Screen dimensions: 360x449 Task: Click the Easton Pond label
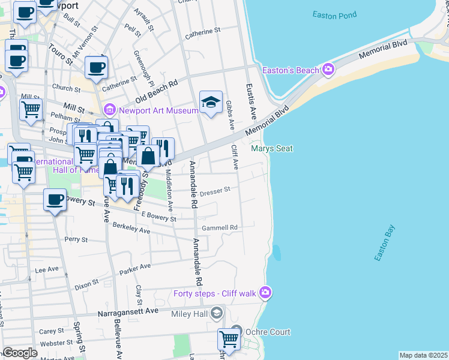click(334, 14)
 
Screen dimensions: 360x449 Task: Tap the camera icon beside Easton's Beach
click(328, 70)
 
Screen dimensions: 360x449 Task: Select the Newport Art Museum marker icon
click(109, 110)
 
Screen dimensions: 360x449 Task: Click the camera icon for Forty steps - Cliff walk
click(265, 293)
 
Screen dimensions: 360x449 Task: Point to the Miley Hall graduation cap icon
click(217, 313)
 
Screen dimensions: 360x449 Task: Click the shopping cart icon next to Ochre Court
click(229, 339)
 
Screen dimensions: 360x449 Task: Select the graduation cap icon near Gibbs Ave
click(211, 103)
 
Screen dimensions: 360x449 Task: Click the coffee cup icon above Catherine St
click(95, 67)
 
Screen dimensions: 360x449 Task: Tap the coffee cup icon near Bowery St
click(55, 200)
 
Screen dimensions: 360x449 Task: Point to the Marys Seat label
click(271, 148)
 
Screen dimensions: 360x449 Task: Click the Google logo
click(19, 353)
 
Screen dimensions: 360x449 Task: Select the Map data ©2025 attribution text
click(423, 355)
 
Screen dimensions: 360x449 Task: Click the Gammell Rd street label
click(220, 228)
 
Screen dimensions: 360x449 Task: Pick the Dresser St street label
click(215, 191)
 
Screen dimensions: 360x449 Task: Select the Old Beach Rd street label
click(157, 91)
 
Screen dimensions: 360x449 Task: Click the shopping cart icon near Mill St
click(31, 109)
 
